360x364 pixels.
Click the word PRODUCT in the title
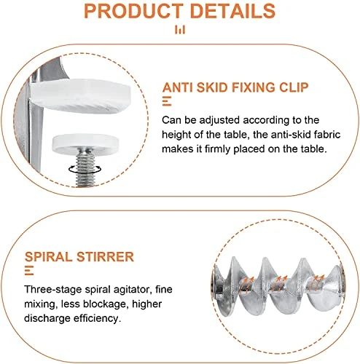point(133,11)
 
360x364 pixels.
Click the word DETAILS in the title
point(232,11)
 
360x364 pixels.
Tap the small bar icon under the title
point(180,30)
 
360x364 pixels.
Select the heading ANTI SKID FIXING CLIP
point(235,87)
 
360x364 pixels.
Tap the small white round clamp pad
point(85,142)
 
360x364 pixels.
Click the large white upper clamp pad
point(82,97)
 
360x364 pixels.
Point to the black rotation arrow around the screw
point(85,169)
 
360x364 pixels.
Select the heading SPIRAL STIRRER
point(79,257)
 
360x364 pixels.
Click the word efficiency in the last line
point(97,318)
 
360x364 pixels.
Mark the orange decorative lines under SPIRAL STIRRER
point(29,270)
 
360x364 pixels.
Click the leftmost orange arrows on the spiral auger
point(247,283)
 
